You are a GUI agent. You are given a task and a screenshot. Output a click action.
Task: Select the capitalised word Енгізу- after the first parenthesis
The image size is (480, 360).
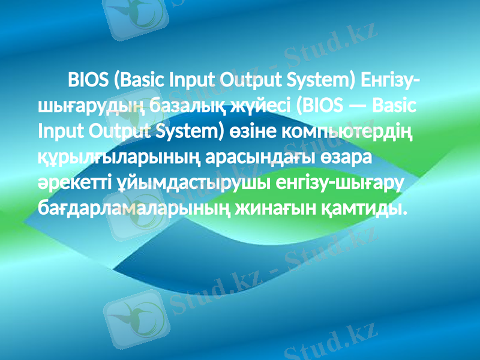(x=391, y=80)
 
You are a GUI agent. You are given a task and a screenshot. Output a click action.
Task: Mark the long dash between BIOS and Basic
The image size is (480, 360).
(x=357, y=106)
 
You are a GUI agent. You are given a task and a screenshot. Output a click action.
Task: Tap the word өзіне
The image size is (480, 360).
(x=248, y=131)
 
